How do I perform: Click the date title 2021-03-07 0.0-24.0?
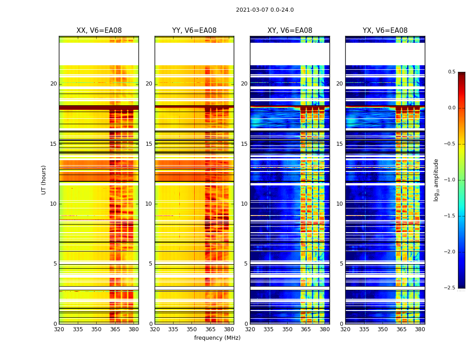click(x=265, y=10)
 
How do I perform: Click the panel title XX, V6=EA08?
click(x=99, y=31)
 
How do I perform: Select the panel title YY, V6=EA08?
click(x=194, y=31)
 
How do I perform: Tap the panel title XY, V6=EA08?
click(x=290, y=31)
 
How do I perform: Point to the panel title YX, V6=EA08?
click(x=385, y=31)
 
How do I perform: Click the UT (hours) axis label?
click(x=44, y=180)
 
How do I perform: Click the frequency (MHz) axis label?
click(x=217, y=338)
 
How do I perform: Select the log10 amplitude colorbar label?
click(x=436, y=180)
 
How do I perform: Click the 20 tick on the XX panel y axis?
click(x=53, y=84)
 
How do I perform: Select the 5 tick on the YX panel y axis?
click(x=341, y=264)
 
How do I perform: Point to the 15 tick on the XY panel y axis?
click(x=244, y=144)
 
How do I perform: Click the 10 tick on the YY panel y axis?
click(x=149, y=204)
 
